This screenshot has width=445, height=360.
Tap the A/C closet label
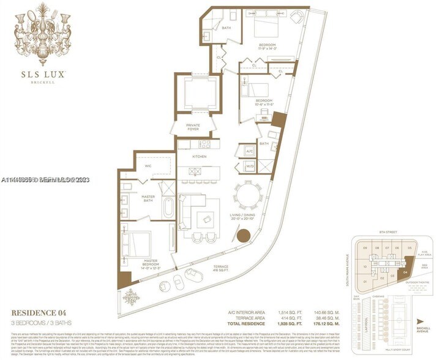(x=249, y=150)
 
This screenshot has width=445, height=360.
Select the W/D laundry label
(x=249, y=165)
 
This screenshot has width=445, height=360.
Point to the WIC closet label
(x=147, y=165)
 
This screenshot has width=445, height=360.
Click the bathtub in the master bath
(x=168, y=209)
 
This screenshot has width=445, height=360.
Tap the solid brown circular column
(x=245, y=235)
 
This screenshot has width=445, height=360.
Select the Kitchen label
(x=200, y=157)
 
